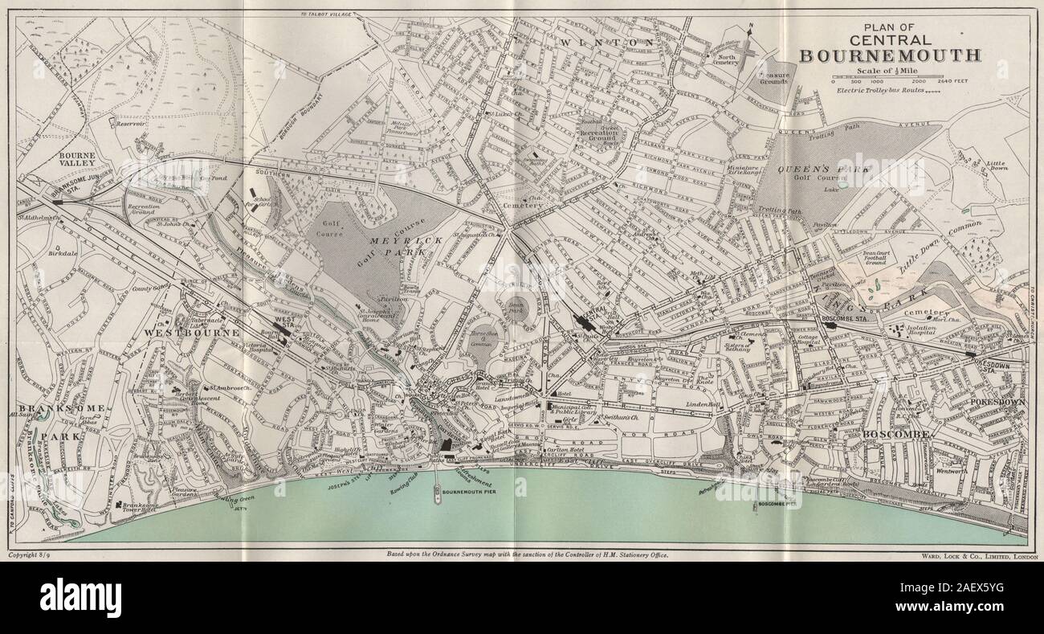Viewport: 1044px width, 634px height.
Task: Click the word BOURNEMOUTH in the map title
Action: (890, 55)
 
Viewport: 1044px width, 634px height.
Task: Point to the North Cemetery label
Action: (728, 60)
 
